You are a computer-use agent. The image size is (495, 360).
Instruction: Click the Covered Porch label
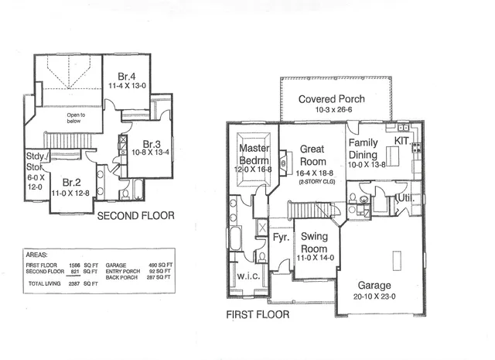(332, 99)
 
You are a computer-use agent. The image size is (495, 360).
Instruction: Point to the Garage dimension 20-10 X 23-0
(375, 297)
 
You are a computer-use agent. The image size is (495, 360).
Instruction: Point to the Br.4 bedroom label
(128, 76)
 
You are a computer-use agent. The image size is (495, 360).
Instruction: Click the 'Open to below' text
(71, 118)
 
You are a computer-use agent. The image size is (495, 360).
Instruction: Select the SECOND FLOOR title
(135, 216)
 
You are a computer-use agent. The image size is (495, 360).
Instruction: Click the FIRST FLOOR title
(258, 315)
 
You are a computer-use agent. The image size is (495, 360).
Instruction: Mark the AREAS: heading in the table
(38, 253)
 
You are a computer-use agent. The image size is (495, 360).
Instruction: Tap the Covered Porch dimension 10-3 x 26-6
(332, 111)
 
